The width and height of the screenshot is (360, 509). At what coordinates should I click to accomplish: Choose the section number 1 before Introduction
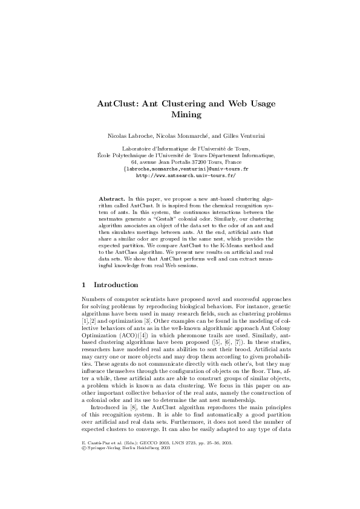pyautogui.click(x=83, y=284)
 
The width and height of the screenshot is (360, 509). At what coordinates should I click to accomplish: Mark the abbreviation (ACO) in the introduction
pyautogui.click(x=129, y=333)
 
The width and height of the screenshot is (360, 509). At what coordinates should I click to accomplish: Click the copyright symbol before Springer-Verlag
pyautogui.click(x=83, y=466)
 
